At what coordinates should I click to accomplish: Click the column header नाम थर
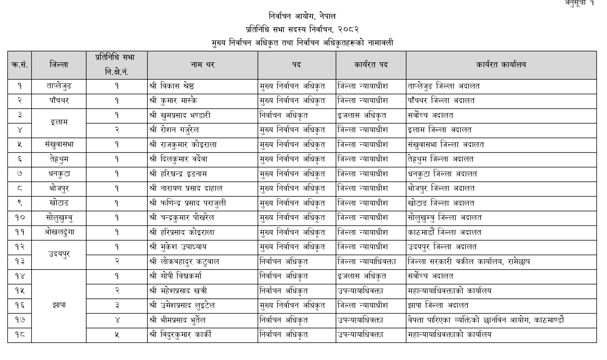click(202, 65)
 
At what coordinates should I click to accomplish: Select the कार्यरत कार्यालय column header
click(501, 65)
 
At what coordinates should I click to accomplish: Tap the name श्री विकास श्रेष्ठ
click(172, 86)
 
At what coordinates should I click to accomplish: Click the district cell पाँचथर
click(58, 101)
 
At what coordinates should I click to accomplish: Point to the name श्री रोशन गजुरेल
click(174, 130)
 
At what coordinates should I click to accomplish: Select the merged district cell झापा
click(58, 305)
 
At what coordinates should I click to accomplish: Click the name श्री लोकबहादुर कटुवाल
click(184, 262)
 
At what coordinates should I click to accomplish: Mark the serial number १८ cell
click(19, 335)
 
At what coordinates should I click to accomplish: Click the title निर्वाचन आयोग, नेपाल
click(302, 16)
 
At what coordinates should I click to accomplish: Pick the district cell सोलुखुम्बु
click(58, 218)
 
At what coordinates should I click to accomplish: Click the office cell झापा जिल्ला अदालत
click(438, 305)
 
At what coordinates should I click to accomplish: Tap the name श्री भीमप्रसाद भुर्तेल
click(177, 320)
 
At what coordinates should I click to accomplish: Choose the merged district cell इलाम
click(58, 122)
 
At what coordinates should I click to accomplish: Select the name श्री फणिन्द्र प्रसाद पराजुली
click(188, 203)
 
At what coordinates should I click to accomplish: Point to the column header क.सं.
click(19, 65)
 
